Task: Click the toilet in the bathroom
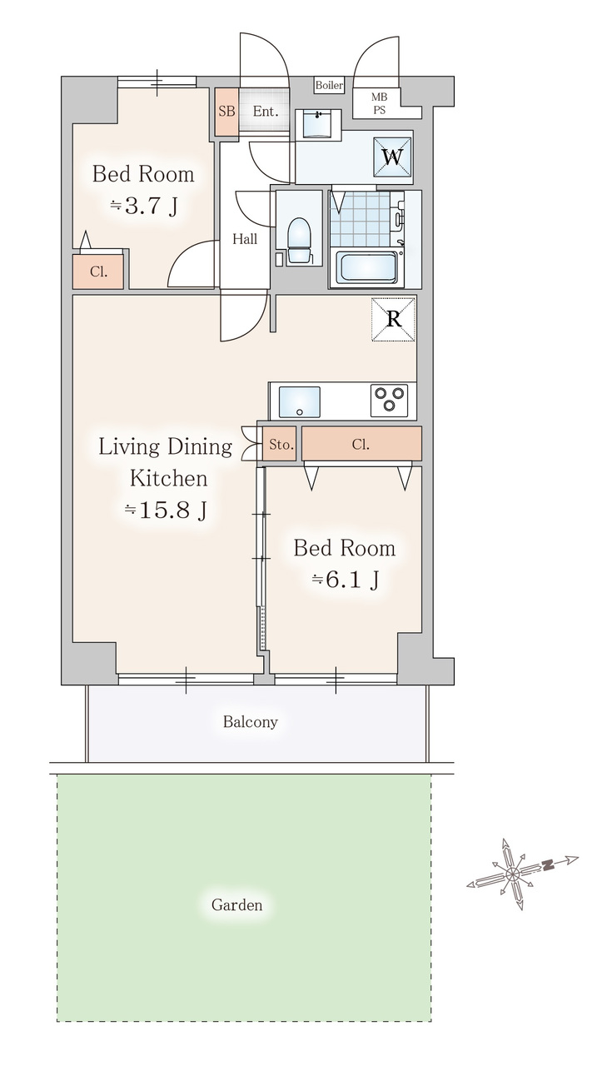click(x=299, y=241)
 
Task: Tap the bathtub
click(x=366, y=267)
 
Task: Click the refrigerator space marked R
click(x=393, y=319)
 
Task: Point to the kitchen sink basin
click(x=299, y=402)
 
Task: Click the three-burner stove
click(x=389, y=401)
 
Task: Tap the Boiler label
click(x=329, y=85)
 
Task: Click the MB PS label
click(x=379, y=103)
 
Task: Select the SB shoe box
click(x=226, y=112)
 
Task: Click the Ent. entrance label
click(x=266, y=112)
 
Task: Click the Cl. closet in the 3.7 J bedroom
click(x=98, y=271)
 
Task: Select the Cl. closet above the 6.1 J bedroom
click(x=361, y=444)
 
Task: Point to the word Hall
click(x=245, y=238)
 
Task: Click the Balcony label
click(x=251, y=722)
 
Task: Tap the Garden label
click(x=237, y=904)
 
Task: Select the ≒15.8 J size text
click(x=166, y=511)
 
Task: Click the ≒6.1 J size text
click(x=346, y=580)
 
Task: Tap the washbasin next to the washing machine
click(x=318, y=125)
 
